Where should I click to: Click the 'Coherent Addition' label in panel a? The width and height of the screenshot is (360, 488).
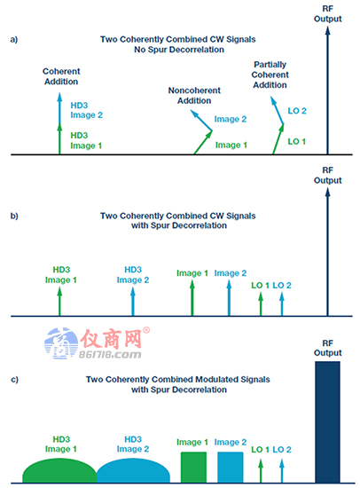click(61, 76)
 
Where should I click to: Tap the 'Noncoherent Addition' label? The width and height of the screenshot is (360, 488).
click(194, 95)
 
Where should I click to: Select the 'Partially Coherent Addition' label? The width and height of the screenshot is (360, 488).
click(270, 75)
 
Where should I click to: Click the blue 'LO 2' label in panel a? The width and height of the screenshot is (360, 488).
click(297, 111)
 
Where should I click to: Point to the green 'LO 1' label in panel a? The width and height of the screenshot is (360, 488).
click(296, 141)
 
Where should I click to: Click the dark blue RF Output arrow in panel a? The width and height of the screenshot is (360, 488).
click(327, 91)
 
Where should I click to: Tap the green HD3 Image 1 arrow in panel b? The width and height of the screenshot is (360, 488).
click(59, 302)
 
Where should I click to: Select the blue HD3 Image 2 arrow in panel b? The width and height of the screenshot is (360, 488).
click(133, 302)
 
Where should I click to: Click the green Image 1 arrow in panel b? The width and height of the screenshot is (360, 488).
click(192, 298)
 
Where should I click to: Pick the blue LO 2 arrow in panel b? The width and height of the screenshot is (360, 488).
click(282, 304)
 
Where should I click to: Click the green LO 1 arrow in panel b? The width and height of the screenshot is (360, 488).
click(261, 304)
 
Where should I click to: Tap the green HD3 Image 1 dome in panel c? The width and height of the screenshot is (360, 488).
click(59, 471)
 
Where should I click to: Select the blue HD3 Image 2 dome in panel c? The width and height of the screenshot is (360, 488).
click(134, 471)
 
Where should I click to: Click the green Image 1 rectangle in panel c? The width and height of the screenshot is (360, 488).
click(193, 468)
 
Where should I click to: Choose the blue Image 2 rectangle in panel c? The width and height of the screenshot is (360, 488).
click(231, 468)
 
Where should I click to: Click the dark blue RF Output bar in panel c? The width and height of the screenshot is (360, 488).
click(327, 422)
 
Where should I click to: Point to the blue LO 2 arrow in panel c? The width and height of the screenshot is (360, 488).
click(282, 471)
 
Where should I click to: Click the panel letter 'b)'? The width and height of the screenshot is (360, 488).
click(14, 216)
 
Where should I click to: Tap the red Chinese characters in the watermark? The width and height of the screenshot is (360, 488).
click(111, 338)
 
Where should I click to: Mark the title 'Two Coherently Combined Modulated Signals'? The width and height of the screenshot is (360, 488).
click(178, 380)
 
